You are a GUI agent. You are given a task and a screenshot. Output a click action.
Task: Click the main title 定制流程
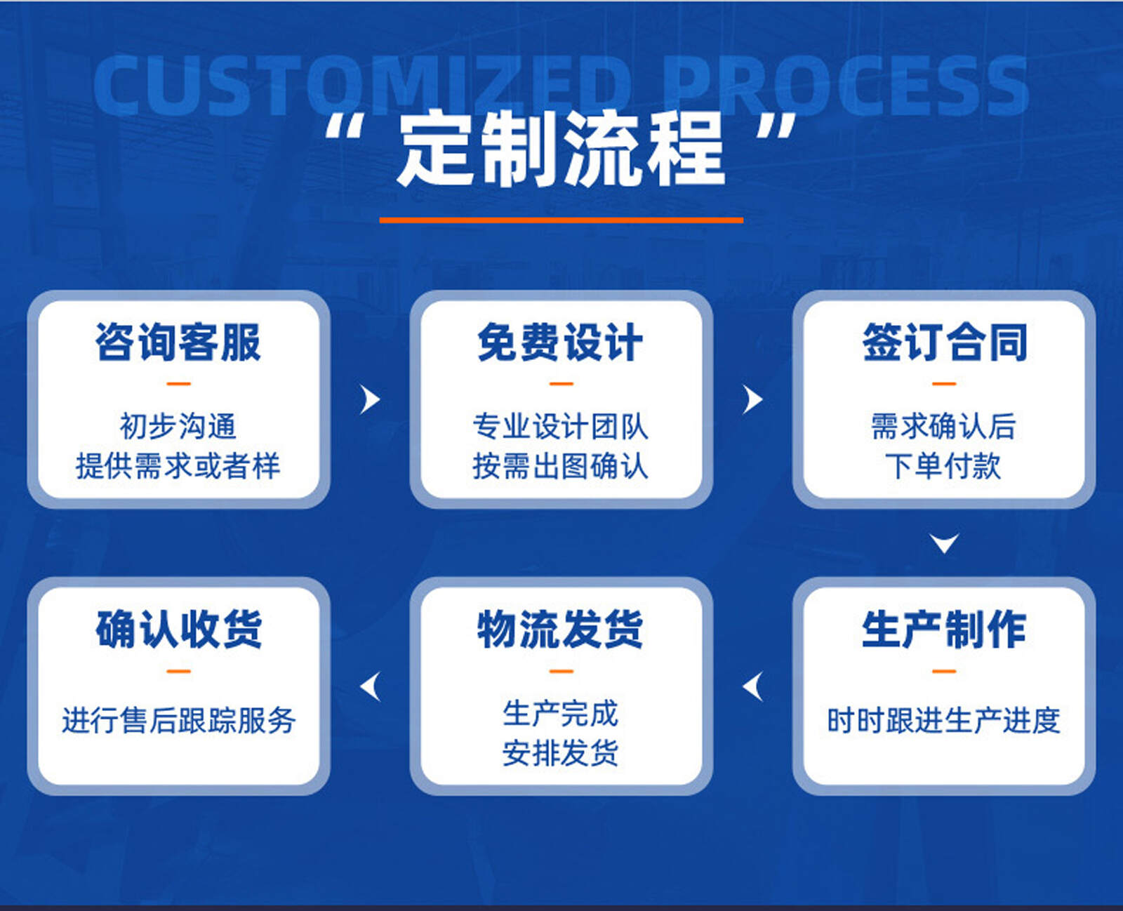tap(561, 149)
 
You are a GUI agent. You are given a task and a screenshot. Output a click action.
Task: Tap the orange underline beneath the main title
tap(561, 220)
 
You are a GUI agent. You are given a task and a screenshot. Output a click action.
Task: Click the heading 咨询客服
tap(178, 343)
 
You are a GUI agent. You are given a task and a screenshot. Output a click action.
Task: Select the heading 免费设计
tap(560, 343)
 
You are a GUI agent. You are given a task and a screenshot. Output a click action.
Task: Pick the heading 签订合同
tap(944, 343)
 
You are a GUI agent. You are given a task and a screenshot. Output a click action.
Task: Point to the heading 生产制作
tap(944, 630)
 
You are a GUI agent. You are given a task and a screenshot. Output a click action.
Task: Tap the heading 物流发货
tap(560, 630)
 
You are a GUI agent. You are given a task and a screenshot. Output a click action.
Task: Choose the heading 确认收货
tap(178, 630)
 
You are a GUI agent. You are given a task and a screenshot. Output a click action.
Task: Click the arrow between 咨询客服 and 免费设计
tap(371, 399)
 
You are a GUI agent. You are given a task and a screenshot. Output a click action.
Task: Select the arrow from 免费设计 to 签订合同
tap(753, 399)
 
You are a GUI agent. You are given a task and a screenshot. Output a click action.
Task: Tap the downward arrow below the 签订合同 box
tap(944, 543)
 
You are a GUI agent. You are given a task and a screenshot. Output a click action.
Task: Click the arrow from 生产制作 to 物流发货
tap(752, 687)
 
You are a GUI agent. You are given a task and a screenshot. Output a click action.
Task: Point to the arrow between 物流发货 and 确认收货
tap(370, 687)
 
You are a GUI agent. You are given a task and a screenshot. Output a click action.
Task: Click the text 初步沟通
tap(178, 426)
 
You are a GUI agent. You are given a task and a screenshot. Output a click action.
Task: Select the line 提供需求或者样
tap(178, 466)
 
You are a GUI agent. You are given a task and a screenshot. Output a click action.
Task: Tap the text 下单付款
tap(943, 466)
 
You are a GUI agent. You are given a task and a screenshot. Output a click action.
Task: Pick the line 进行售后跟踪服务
tap(179, 721)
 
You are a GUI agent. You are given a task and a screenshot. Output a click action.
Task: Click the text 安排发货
tap(560, 753)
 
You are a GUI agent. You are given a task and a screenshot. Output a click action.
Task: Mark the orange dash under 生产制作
tap(944, 671)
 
